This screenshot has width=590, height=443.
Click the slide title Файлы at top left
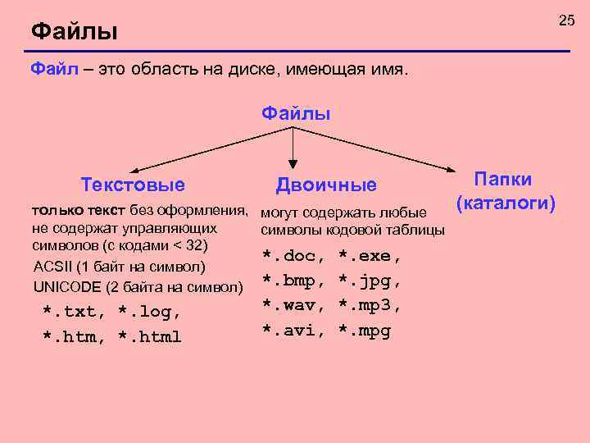coord(75,33)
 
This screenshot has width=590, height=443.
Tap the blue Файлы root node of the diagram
coord(296,113)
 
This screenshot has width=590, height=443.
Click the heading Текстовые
coord(133,185)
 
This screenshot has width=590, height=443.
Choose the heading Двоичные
coord(326,185)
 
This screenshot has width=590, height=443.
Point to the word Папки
coord(503,180)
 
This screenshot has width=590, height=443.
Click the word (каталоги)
coord(506,202)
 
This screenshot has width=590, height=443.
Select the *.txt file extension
coord(73,312)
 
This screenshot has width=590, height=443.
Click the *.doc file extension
coord(292,256)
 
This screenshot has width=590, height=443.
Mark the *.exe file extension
coord(370,256)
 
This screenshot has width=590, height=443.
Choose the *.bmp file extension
coord(292,281)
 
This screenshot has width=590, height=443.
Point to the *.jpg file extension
coord(370,281)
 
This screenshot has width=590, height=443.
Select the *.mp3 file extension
coord(370,306)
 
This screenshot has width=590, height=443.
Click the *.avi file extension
coord(292,331)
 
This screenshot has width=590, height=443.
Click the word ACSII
coord(51,267)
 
